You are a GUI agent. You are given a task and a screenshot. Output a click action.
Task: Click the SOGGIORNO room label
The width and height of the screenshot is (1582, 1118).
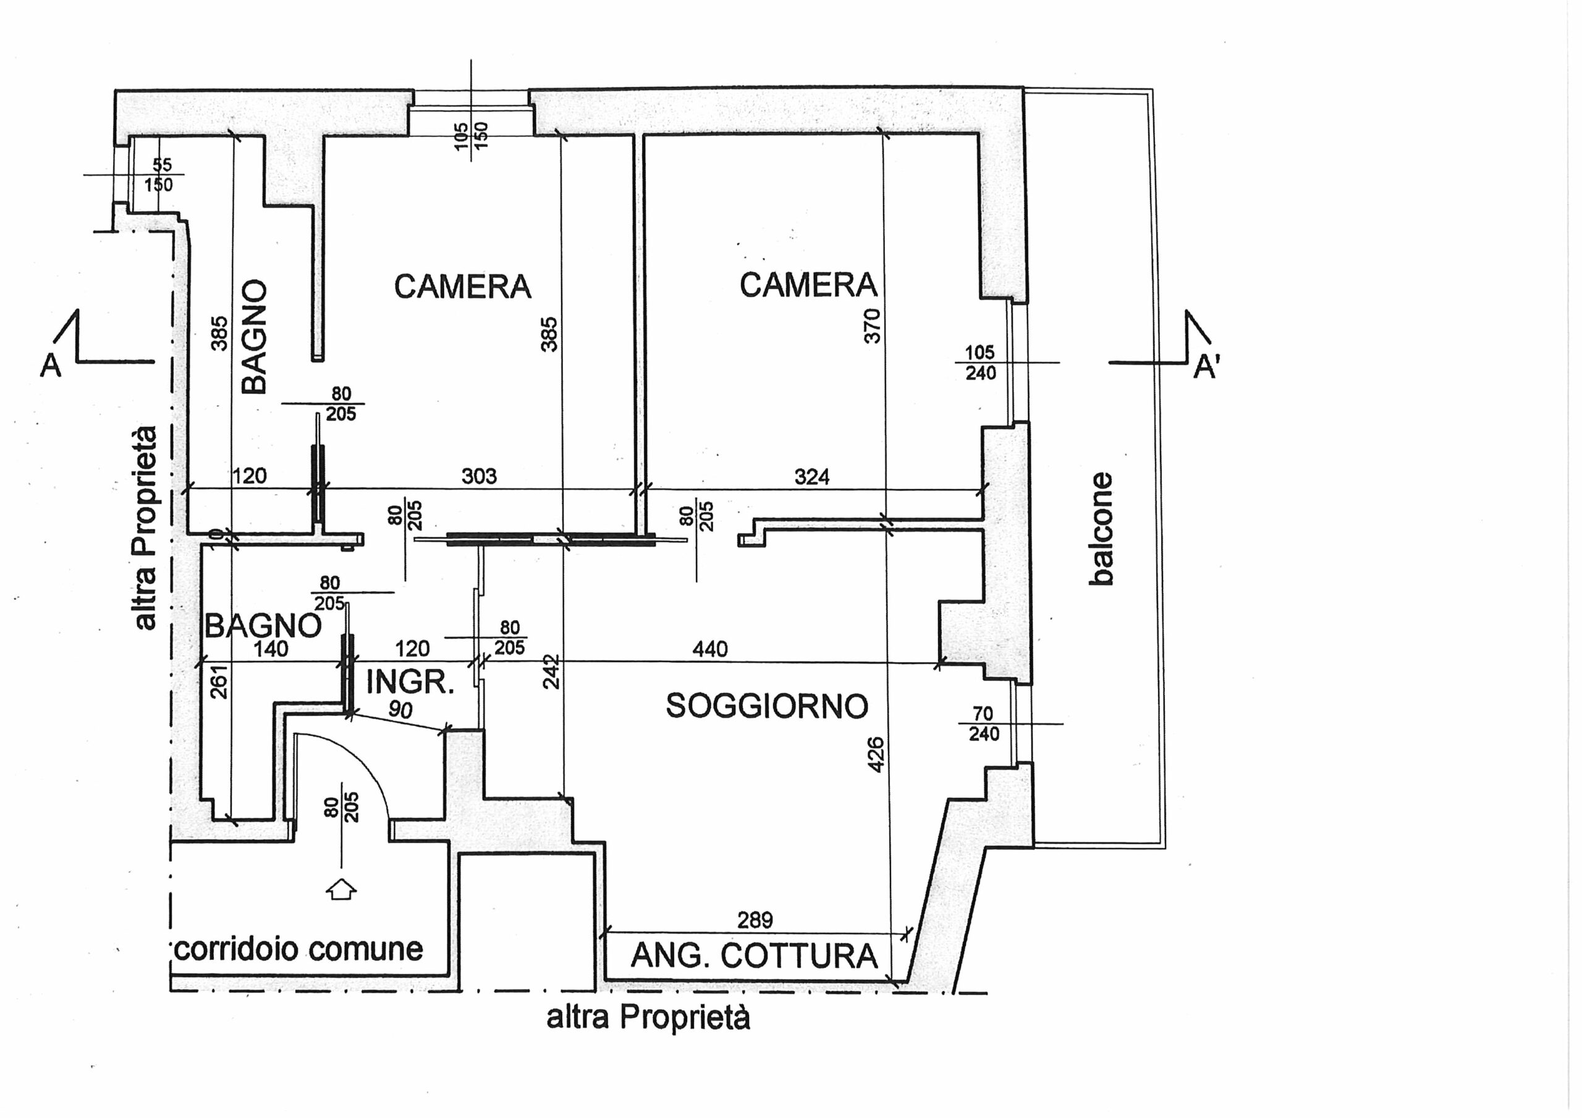pos(767,706)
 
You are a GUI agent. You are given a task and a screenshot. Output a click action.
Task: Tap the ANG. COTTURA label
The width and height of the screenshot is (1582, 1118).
pos(755,956)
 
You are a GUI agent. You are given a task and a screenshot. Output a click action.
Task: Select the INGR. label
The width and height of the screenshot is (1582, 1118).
pos(410,682)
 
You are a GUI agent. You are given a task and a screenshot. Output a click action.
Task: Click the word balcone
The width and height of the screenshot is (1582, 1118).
pos(1101,528)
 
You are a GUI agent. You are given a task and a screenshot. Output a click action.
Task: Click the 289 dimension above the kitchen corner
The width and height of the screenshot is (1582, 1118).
pos(755,920)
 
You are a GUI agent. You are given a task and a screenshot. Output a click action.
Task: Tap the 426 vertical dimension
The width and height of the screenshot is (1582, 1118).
pos(874,755)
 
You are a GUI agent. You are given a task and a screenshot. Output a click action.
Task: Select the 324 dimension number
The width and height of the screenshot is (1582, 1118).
pos(811,477)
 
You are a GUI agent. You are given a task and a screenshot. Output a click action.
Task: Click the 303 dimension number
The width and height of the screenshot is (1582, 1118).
pos(479,476)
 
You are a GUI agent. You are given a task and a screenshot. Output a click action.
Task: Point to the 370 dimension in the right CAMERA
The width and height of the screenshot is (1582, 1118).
pos(873,326)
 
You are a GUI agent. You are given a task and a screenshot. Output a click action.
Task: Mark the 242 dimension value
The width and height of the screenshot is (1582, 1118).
pos(551,671)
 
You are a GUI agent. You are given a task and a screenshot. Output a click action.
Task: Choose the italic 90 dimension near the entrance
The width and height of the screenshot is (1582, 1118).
pos(400,710)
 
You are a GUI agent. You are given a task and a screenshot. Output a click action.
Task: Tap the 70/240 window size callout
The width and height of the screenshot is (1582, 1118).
pos(983,723)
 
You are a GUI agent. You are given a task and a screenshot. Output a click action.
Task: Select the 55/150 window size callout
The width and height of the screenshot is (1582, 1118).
pos(160,174)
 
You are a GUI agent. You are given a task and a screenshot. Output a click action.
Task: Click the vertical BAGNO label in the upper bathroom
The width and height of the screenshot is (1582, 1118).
pos(254,336)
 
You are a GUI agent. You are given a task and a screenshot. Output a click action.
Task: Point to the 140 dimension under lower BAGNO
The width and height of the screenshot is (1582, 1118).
pos(271,649)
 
